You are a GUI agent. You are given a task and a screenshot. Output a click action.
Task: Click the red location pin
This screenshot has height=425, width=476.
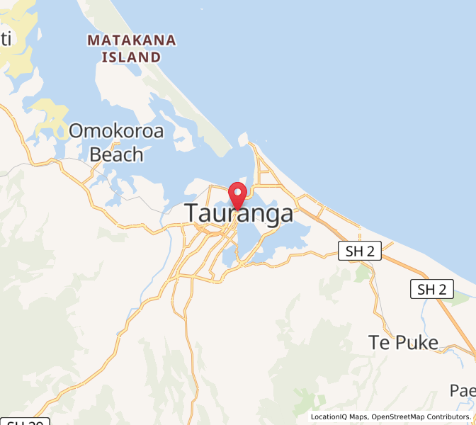click(237, 193)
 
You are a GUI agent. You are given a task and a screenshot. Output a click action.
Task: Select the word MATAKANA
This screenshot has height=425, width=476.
click(131, 40)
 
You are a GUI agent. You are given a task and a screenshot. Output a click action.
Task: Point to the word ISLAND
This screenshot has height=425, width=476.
click(131, 57)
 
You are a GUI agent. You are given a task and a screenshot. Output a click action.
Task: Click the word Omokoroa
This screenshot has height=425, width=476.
click(116, 131)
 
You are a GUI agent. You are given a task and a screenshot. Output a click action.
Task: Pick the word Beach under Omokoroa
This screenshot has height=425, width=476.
click(116, 154)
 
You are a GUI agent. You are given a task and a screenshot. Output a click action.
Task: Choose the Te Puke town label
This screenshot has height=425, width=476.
click(404, 343)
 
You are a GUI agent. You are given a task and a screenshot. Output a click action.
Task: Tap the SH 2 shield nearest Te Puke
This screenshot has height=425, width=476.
click(431, 288)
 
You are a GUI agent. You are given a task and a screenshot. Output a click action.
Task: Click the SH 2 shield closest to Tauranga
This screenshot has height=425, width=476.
click(360, 250)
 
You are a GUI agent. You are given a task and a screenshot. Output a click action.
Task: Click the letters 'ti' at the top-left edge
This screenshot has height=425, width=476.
click(6, 39)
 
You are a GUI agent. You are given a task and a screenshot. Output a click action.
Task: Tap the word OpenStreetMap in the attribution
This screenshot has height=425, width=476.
click(401, 416)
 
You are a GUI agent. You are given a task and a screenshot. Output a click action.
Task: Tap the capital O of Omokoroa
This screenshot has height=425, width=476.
click(76, 131)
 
